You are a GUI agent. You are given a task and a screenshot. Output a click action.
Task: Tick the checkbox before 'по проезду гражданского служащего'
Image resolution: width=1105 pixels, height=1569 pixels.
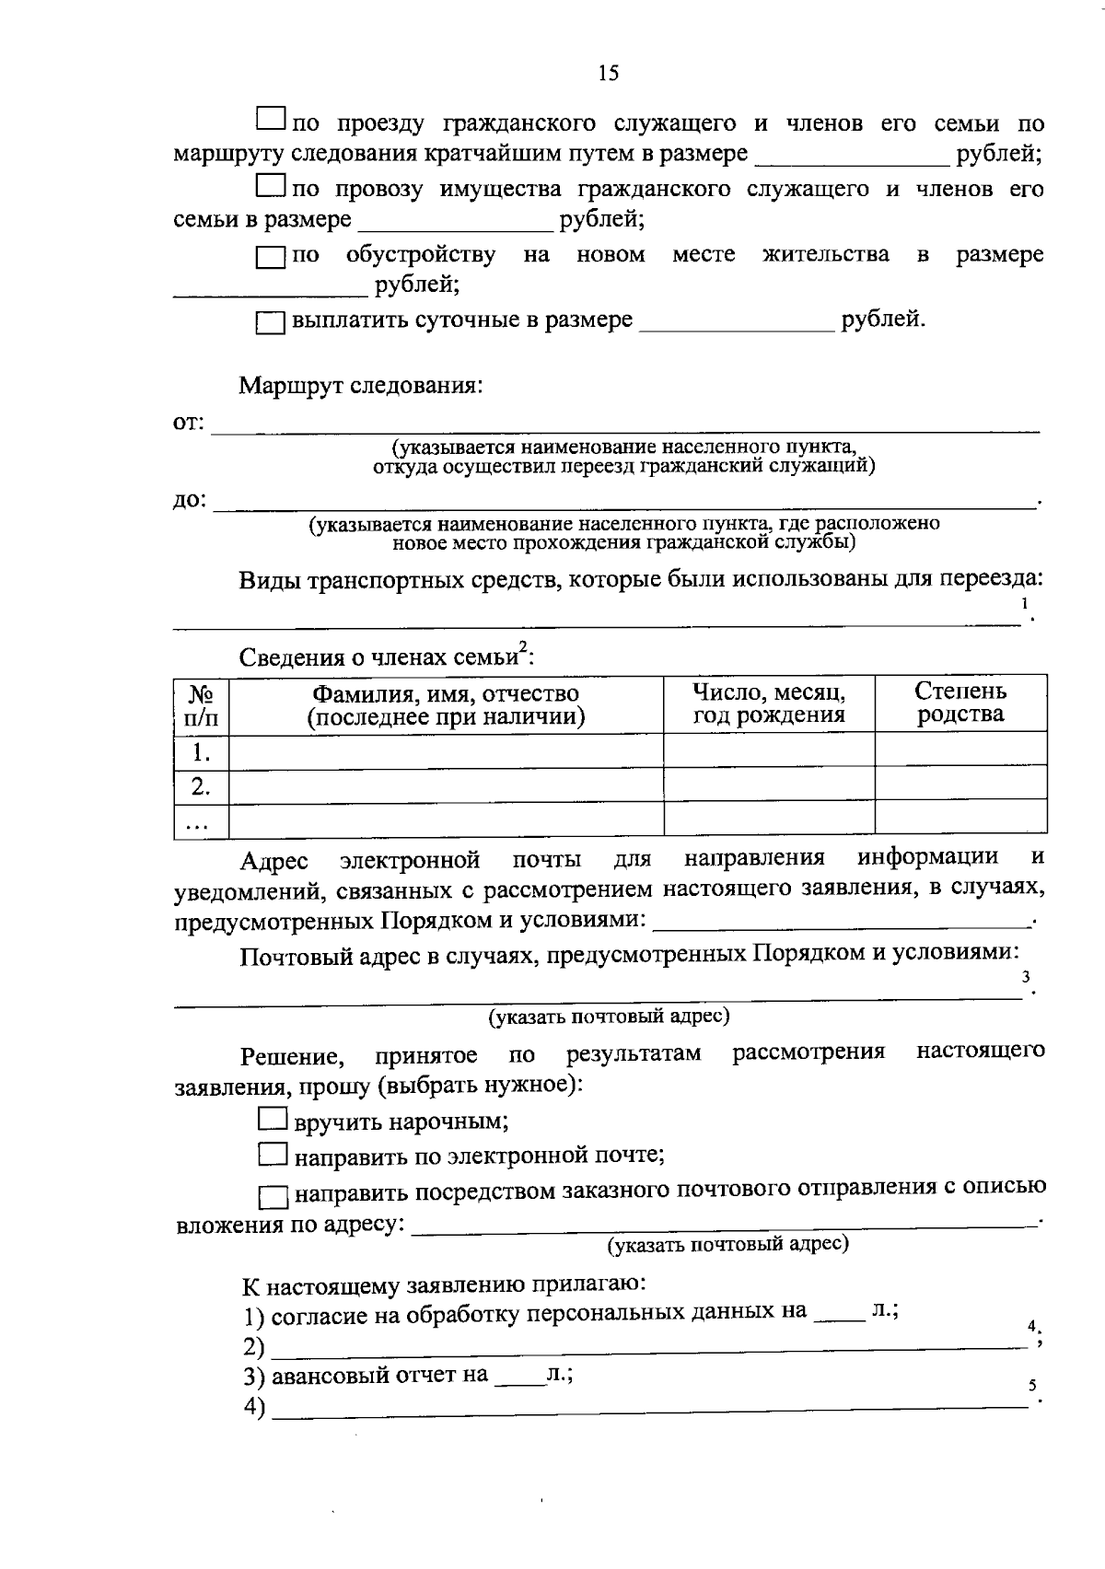point(270,119)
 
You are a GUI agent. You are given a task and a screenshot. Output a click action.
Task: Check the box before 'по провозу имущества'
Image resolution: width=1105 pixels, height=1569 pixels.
point(270,187)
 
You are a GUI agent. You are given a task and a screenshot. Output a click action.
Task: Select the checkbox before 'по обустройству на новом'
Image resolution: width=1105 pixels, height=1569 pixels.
point(270,258)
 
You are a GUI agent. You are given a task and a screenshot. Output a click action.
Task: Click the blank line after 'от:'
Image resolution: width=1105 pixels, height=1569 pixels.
point(626,426)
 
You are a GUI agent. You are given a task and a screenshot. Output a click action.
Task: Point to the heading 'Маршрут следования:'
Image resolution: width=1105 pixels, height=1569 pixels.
point(361,385)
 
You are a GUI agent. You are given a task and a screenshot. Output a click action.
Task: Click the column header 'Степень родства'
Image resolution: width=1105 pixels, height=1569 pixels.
point(960,703)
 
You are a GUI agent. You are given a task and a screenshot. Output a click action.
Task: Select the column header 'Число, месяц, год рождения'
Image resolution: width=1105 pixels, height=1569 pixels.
point(769,703)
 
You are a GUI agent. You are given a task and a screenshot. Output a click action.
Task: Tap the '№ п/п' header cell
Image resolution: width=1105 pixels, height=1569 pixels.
point(202,705)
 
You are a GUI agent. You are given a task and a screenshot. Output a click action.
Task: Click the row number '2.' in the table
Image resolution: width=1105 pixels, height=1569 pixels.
point(201,785)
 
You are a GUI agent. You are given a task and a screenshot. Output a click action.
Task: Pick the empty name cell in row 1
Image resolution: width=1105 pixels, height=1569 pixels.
point(446,751)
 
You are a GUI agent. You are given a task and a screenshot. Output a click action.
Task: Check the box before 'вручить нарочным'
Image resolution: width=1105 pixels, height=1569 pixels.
point(272,1120)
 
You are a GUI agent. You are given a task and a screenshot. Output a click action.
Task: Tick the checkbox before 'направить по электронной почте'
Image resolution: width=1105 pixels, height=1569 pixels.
point(272,1154)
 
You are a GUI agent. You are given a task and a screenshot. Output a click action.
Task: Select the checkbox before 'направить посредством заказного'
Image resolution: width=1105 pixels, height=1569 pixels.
point(273,1197)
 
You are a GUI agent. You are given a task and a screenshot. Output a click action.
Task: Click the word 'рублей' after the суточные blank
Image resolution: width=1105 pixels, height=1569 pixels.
point(880,320)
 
